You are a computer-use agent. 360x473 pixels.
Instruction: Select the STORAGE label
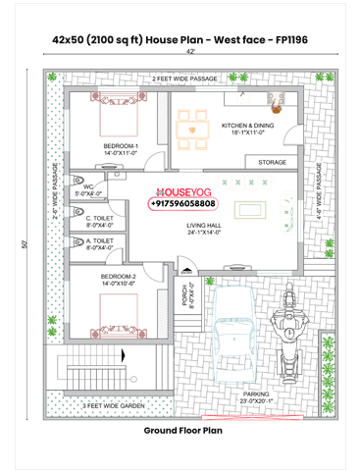[272, 162]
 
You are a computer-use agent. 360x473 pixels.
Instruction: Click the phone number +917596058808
[182, 203]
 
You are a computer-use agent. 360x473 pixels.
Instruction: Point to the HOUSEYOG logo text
[182, 192]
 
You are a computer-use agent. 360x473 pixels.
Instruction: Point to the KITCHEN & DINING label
[249, 128]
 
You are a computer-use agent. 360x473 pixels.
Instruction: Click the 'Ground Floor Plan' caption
[180, 430]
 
